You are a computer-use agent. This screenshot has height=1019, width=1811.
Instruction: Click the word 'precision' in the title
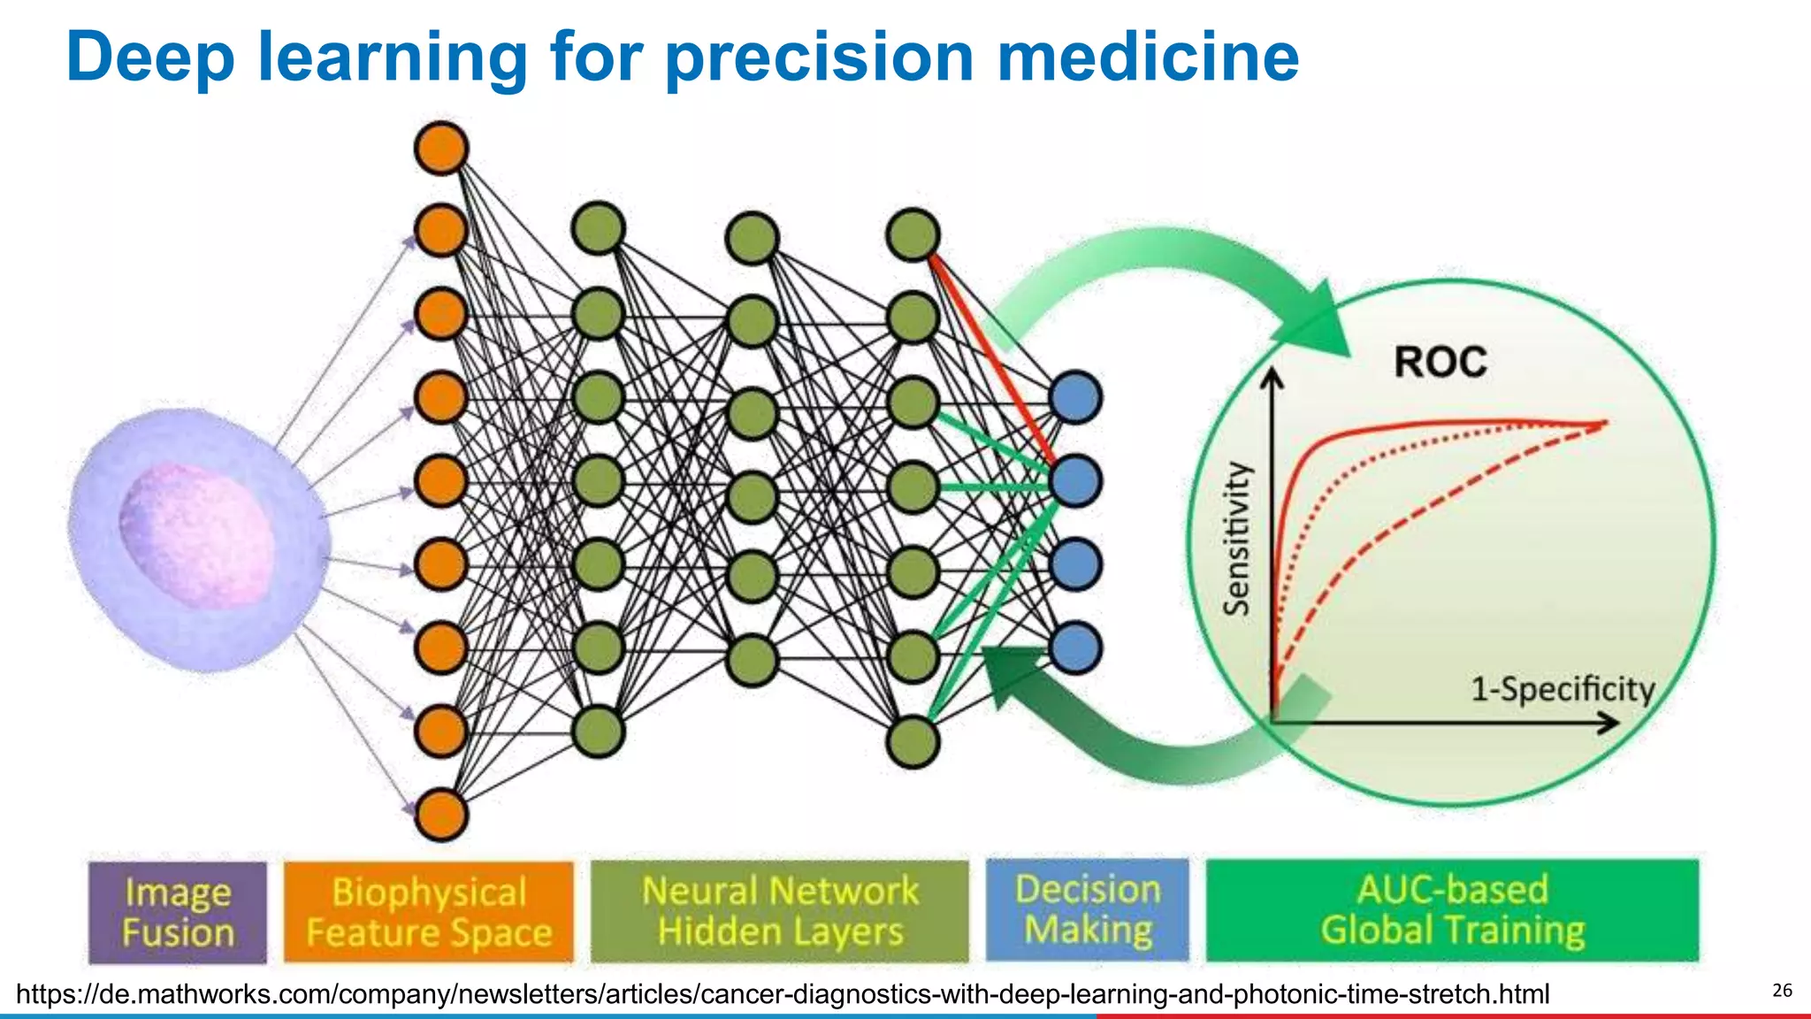coord(819,57)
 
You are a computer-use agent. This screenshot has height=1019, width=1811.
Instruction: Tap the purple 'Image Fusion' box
coord(178,912)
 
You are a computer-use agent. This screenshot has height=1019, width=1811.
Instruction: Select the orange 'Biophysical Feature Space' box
coord(429,912)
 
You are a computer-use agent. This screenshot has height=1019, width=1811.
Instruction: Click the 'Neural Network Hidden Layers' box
coord(780,911)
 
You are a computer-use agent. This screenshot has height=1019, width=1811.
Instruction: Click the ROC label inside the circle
coord(1440,363)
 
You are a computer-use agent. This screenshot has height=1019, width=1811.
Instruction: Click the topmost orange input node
coord(440,148)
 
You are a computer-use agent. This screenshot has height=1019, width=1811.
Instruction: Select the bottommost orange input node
coord(440,815)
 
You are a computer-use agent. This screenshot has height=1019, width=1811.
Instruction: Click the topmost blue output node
coord(1075,397)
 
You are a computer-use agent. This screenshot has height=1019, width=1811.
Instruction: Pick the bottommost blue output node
coord(1075,647)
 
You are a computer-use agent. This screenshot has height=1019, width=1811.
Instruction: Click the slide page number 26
coord(1782,990)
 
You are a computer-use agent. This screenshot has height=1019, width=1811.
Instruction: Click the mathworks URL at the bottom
coord(783,994)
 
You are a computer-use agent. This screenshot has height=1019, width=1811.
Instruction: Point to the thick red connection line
coord(990,354)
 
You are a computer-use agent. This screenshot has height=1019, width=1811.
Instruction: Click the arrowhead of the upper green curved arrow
coord(1318,323)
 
